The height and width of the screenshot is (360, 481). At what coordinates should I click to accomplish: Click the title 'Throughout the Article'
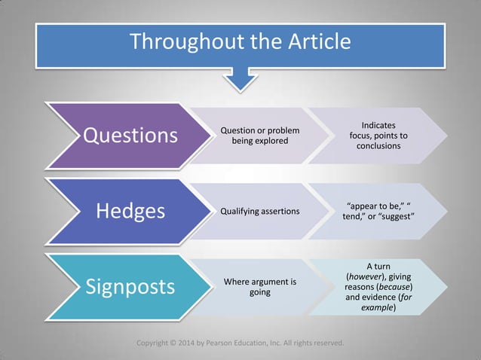pyautogui.click(x=240, y=41)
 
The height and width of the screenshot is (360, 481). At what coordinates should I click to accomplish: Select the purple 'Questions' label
pyautogui.click(x=130, y=136)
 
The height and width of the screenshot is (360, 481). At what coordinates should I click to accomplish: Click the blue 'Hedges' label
pyautogui.click(x=130, y=211)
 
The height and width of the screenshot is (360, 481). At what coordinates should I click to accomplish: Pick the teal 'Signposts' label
pyautogui.click(x=130, y=287)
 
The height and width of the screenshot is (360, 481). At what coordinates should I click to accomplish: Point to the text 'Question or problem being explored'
pyautogui.click(x=259, y=136)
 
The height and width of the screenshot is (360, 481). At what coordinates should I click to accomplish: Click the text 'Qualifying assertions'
pyautogui.click(x=259, y=212)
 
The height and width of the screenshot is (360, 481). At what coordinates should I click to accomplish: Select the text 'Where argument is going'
pyautogui.click(x=260, y=287)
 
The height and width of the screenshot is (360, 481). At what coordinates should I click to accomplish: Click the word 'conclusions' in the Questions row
pyautogui.click(x=378, y=146)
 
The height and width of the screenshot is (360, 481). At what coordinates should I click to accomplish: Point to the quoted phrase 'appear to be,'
pyautogui.click(x=372, y=206)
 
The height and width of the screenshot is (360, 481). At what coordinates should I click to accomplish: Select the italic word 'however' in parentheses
pyautogui.click(x=367, y=277)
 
